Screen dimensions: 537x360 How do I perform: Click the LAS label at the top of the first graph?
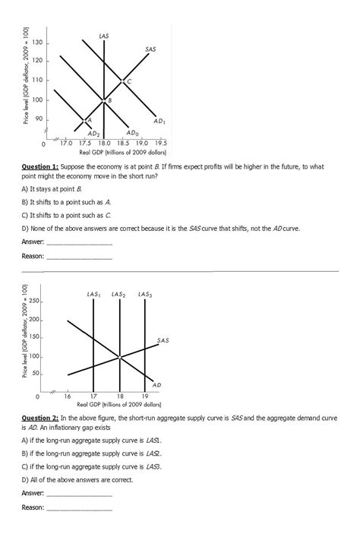103,36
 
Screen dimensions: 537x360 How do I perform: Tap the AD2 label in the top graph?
94,134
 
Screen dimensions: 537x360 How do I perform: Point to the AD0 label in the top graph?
131,132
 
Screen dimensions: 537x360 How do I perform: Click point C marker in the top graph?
123,81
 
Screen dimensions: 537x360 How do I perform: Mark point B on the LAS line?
104,100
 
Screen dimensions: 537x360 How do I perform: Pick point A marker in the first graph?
84,120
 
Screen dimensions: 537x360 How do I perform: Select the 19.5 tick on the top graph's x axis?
160,143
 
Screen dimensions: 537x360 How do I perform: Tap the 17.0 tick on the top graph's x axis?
66,143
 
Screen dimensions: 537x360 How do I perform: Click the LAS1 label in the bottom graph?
93,294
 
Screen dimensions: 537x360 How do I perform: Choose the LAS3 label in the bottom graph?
145,294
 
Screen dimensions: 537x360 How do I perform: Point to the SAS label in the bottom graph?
163,340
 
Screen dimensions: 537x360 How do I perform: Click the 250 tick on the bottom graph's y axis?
36,302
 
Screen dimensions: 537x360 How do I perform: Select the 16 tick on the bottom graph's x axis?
67,396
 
